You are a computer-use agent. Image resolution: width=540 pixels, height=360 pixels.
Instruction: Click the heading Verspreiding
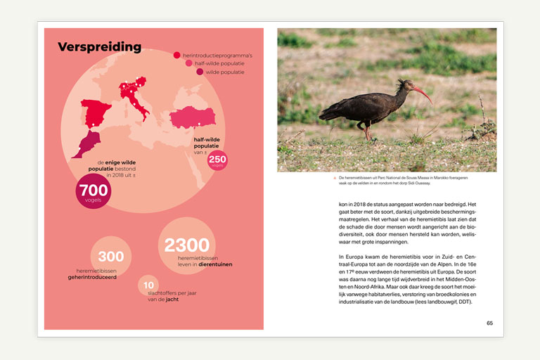point(99,47)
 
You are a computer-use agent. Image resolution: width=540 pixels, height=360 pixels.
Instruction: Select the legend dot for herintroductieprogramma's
point(177,55)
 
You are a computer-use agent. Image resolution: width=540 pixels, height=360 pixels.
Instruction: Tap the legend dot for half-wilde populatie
point(188,63)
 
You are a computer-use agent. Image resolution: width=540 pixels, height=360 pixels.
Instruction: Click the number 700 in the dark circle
point(94,190)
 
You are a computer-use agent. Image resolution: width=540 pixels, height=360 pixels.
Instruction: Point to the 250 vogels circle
point(217,160)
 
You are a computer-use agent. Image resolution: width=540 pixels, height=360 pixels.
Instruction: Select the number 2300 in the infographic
point(187,245)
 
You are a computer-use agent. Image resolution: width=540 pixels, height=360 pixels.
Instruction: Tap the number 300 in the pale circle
point(111,257)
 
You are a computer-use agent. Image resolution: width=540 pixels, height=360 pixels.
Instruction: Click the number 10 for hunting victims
point(148,285)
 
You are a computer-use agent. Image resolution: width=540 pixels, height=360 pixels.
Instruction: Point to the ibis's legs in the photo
point(366,131)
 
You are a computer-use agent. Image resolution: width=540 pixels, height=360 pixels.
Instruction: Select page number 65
point(489,323)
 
